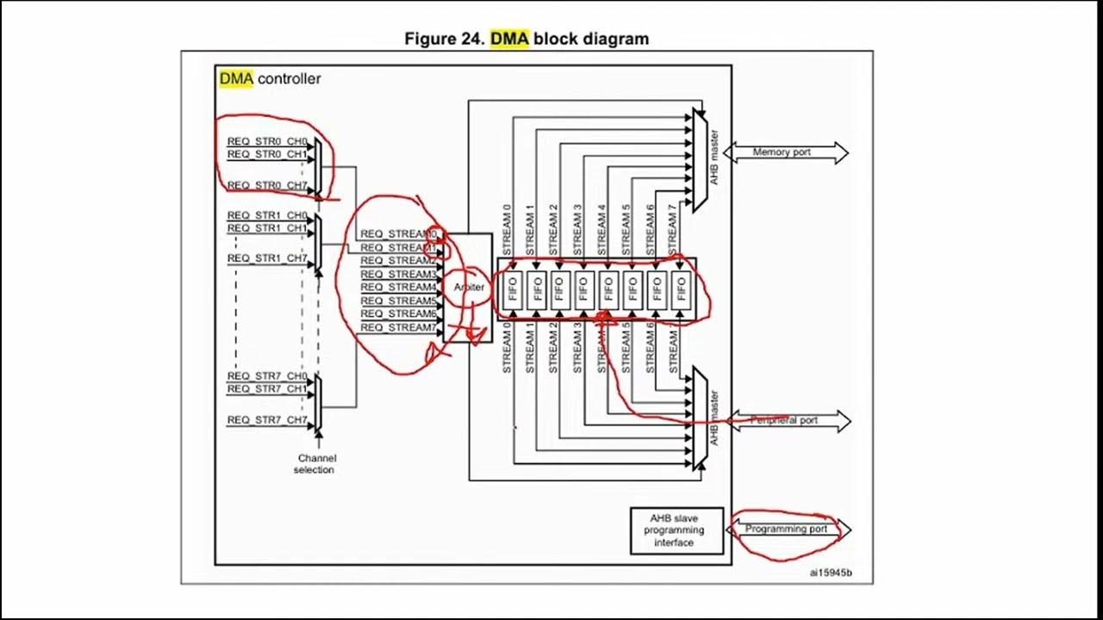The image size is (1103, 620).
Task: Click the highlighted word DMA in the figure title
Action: click(508, 39)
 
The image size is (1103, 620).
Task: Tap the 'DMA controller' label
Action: click(270, 78)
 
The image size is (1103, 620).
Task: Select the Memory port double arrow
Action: click(785, 152)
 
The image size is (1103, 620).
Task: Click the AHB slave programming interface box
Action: click(676, 530)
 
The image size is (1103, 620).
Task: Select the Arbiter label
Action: click(469, 288)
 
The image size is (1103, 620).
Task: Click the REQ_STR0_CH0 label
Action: click(266, 141)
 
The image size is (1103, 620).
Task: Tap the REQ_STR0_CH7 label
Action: click(266, 184)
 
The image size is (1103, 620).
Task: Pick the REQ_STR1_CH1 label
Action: click(266, 228)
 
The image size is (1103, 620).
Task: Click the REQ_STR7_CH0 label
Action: click(266, 376)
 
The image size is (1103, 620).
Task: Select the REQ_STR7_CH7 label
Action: click(266, 419)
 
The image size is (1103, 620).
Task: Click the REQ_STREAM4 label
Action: click(398, 287)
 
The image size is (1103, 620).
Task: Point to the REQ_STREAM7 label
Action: click(398, 327)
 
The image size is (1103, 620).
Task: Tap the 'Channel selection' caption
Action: click(316, 464)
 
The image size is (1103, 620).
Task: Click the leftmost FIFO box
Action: click(513, 288)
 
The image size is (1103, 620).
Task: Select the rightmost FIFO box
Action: click(681, 288)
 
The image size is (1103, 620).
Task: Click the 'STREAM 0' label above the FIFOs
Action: click(508, 226)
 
